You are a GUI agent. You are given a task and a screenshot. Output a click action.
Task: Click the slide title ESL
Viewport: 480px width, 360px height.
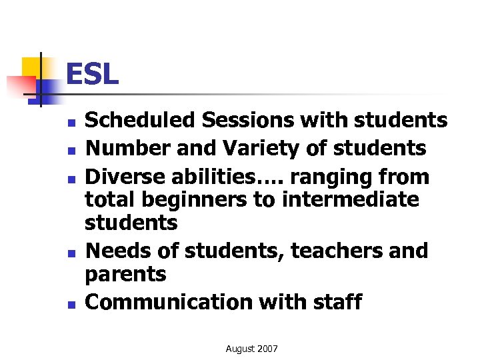tap(92, 74)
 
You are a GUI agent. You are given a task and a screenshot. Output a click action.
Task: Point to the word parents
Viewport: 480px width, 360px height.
tap(126, 273)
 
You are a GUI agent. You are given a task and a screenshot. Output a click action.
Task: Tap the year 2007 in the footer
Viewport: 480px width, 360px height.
tap(267, 349)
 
